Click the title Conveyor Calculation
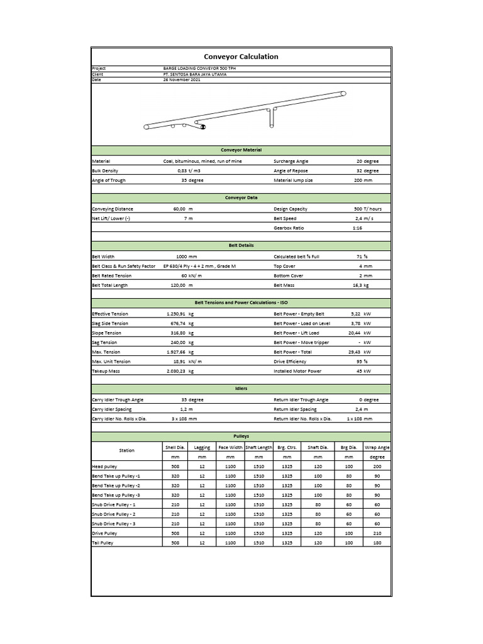[x=241, y=57]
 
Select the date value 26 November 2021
[x=182, y=80]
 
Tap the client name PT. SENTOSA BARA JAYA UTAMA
[x=194, y=74]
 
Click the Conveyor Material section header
[x=241, y=150]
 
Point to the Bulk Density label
[x=105, y=170]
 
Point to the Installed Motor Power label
[x=297, y=371]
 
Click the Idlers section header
[x=241, y=389]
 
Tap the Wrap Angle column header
[x=377, y=447]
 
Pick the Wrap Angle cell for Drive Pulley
[x=377, y=533]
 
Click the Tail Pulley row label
[x=103, y=542]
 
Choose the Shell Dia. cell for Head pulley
[x=175, y=467]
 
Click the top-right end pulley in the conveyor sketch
[x=343, y=94]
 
